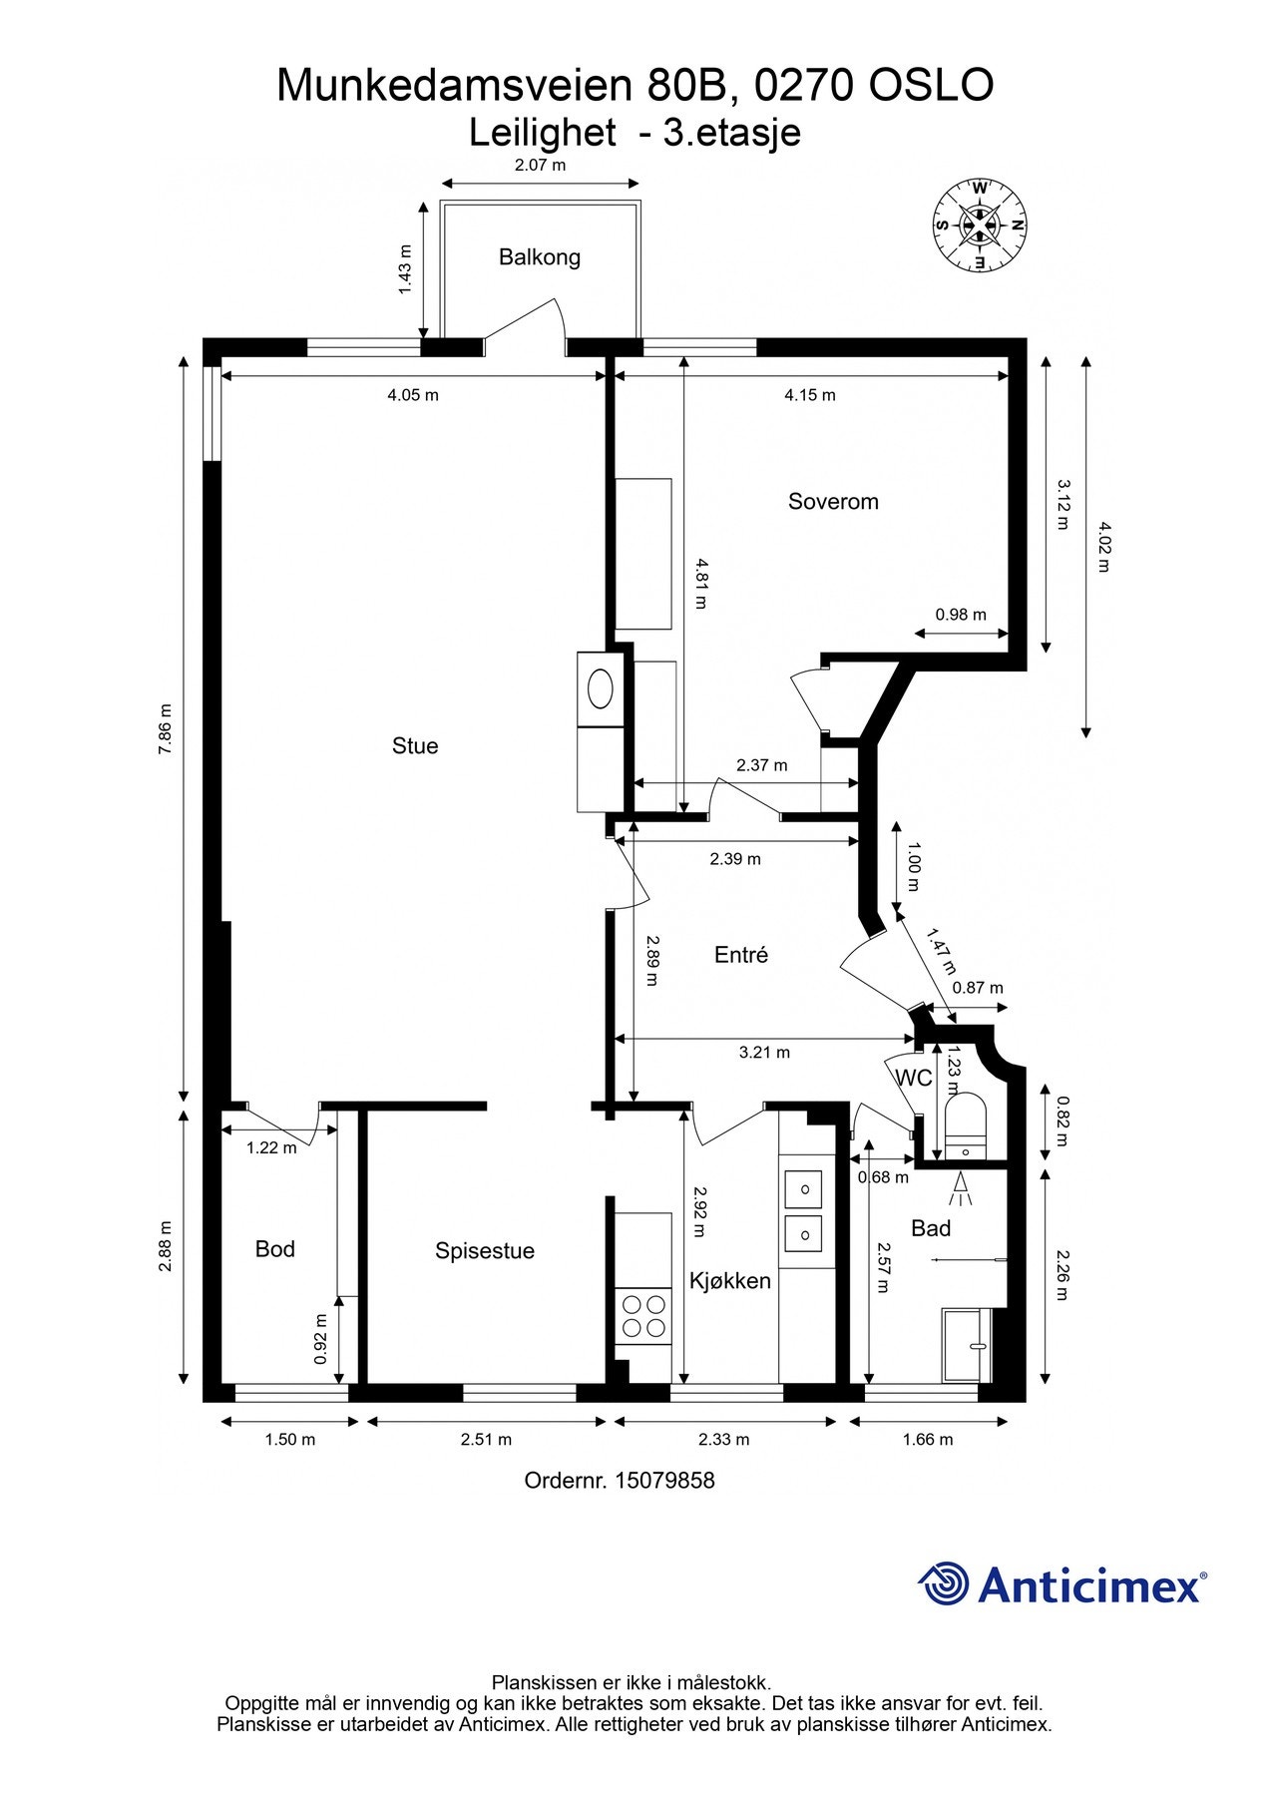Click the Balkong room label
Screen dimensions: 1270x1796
[540, 257]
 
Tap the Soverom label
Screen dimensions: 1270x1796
[833, 501]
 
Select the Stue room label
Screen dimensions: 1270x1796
[415, 746]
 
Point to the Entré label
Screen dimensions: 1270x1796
[741, 955]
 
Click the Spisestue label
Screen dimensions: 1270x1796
[485, 1251]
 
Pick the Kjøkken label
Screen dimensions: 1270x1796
[730, 1281]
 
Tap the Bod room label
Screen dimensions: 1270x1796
[275, 1249]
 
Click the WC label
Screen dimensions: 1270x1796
[914, 1078]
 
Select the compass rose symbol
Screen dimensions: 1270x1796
[980, 225]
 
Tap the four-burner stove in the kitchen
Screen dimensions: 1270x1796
[643, 1316]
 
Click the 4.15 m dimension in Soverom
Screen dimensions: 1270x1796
[810, 395]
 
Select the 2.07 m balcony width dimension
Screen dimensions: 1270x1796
[540, 165]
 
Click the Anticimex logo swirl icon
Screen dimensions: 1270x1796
[944, 1583]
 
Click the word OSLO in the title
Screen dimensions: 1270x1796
[931, 86]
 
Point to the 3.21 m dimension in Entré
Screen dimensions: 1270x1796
[764, 1052]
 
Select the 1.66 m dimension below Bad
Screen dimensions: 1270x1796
[928, 1439]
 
